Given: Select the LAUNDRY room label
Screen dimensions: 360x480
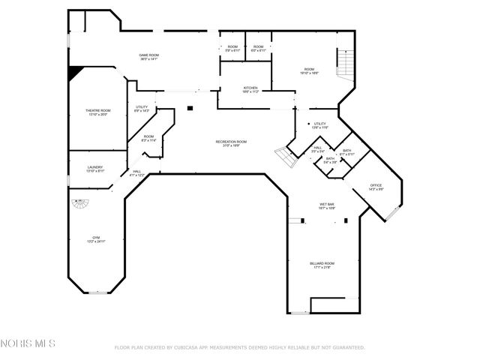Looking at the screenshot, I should tap(95, 169).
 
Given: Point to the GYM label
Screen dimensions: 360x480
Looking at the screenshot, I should tap(95, 238).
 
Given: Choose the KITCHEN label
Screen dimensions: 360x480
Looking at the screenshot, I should tap(250, 89).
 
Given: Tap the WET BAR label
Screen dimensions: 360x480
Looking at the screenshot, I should tap(326, 205).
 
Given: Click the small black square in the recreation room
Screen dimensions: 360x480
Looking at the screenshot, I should tap(190, 108).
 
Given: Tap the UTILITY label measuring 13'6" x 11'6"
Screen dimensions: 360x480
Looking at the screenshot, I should tap(319, 124).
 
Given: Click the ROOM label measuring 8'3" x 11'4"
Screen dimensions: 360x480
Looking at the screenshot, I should tap(148, 137).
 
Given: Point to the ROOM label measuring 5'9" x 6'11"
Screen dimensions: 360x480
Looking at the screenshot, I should tap(232, 48).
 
